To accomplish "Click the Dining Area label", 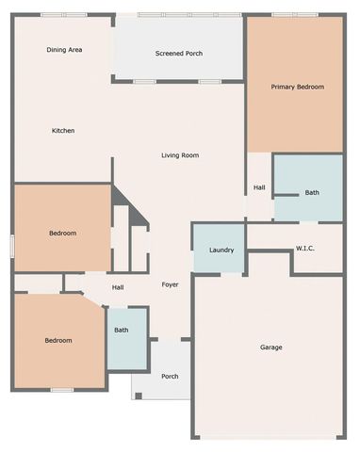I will [x=65, y=49].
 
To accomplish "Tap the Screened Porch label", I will [x=179, y=54].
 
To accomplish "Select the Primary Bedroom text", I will [x=297, y=87].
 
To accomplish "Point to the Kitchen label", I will [x=63, y=130].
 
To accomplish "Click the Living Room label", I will [x=179, y=155].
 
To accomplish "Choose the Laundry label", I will [x=221, y=250].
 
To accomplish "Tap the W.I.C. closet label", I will [x=305, y=249].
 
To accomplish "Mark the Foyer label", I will [x=170, y=284].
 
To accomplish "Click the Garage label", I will [x=271, y=347].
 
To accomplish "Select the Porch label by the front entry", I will [x=170, y=377].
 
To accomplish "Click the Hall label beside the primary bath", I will [x=259, y=187].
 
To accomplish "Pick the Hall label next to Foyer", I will [x=118, y=287].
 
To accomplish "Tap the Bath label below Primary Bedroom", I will [x=312, y=193].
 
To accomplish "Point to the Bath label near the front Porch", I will [x=122, y=331].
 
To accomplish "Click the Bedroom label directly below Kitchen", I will [x=62, y=233].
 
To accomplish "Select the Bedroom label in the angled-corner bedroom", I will [x=58, y=341].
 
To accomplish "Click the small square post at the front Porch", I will [x=139, y=395].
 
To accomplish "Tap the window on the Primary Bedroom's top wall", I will [x=286, y=14].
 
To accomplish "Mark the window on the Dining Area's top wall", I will [x=64, y=14].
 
